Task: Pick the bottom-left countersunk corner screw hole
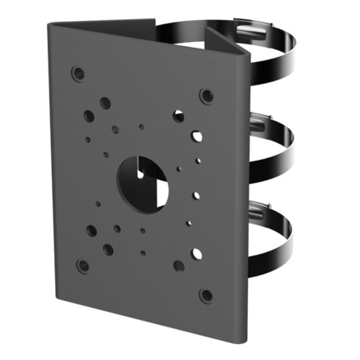point(82,266)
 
